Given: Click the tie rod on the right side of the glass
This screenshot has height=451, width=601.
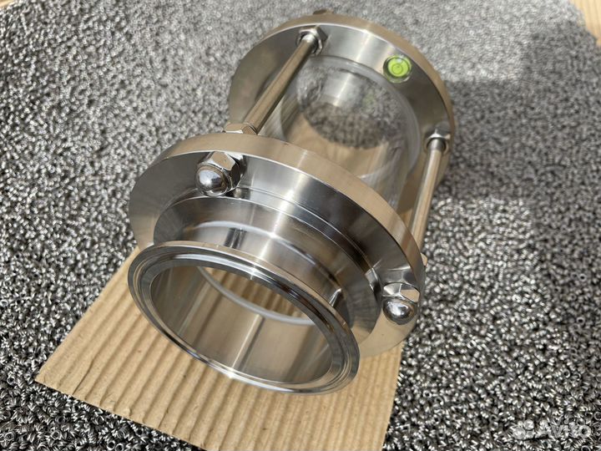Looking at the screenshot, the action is (x=427, y=192).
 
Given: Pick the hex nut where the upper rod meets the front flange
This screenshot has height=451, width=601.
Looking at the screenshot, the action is (x=240, y=128).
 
